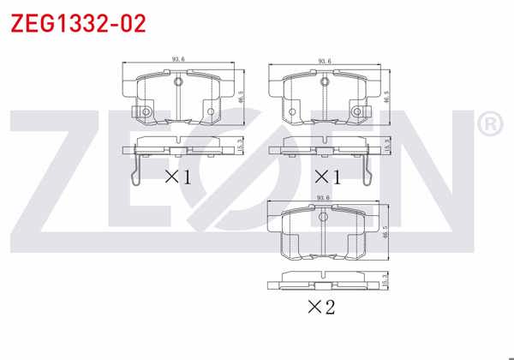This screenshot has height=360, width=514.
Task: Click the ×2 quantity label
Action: (322, 306)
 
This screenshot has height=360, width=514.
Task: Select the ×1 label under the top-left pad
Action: (177, 177)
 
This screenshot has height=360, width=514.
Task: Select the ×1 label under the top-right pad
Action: (326, 177)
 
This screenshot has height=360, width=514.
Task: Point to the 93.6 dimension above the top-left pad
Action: (178, 59)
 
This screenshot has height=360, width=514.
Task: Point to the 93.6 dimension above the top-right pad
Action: (325, 60)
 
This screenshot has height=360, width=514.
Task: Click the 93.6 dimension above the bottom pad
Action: (324, 198)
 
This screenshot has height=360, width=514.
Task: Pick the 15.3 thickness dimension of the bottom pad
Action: (386, 279)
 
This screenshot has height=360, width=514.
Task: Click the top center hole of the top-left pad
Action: (179, 82)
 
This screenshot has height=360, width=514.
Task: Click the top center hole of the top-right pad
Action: (326, 82)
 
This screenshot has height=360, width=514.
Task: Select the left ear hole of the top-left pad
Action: (146, 112)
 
